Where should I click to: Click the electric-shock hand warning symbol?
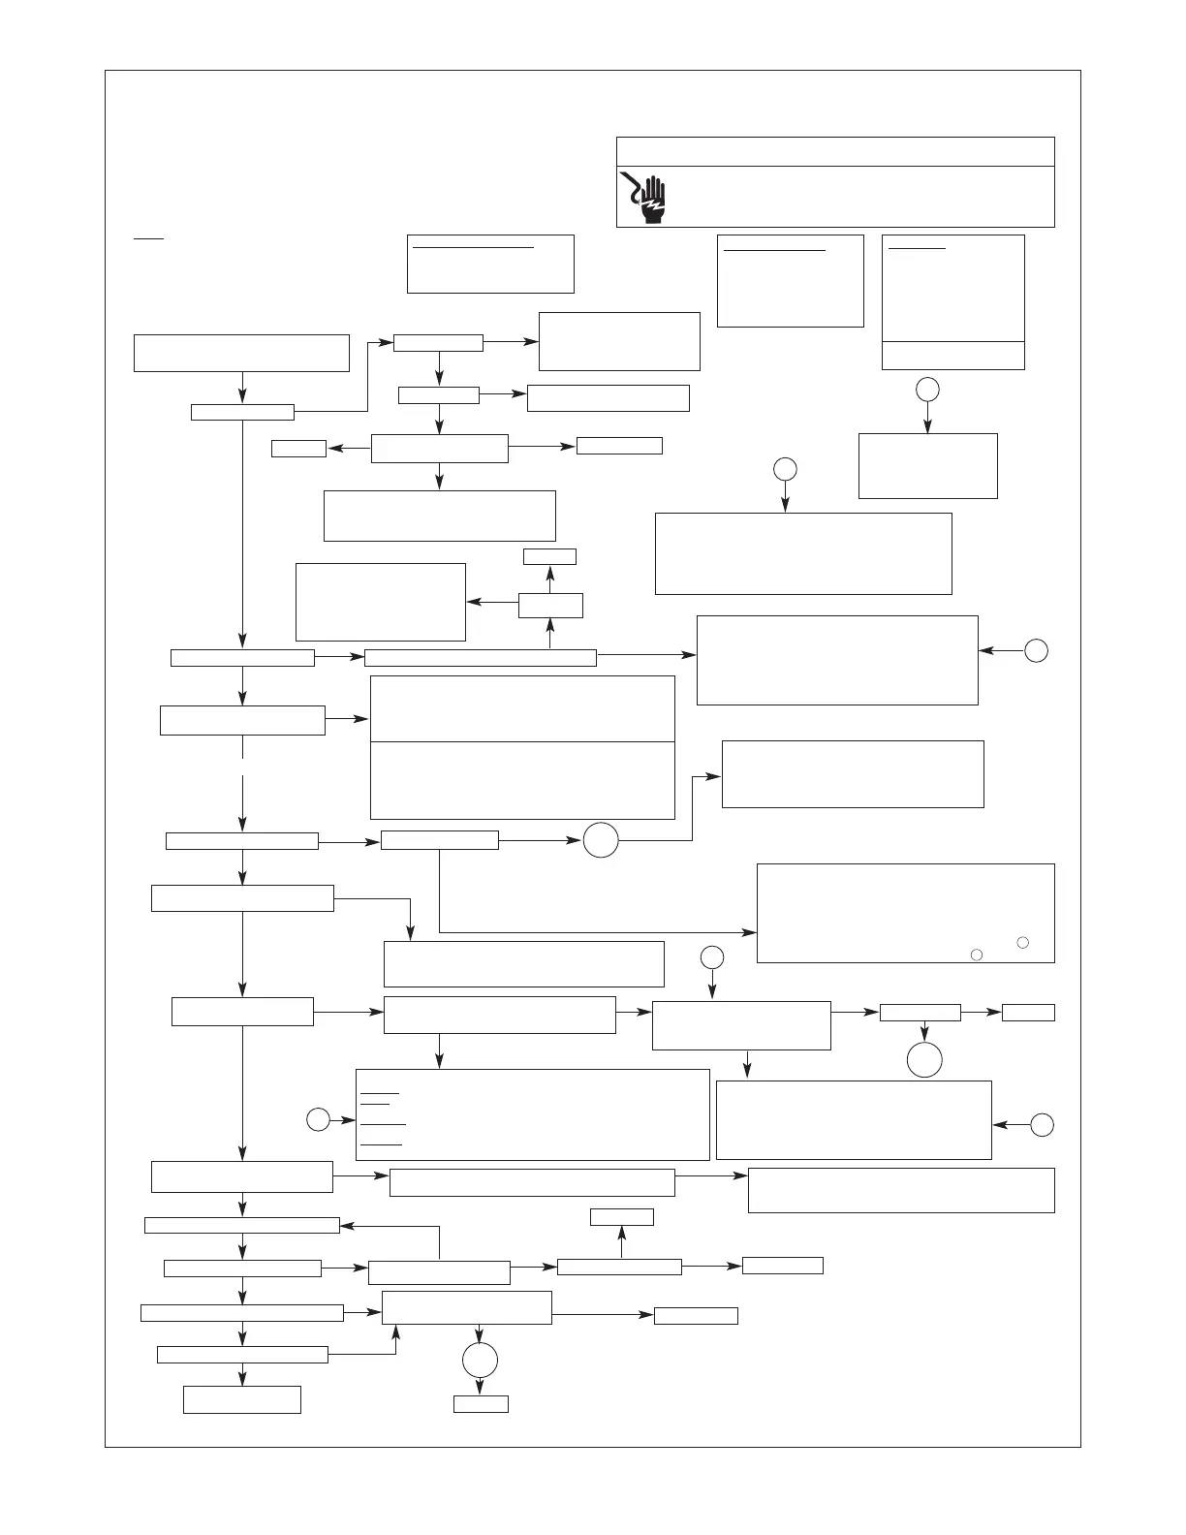pos(647,197)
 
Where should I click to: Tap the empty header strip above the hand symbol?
pos(835,152)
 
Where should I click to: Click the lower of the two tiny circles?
pos(977,955)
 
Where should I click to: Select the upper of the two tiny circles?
pos(1023,942)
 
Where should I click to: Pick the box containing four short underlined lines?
pos(533,1114)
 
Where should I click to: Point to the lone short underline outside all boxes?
pos(149,236)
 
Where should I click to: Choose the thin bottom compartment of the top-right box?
pos(952,356)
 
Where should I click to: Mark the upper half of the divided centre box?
pos(522,708)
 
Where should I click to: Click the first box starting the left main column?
pos(241,353)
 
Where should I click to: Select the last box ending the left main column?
pos(242,1399)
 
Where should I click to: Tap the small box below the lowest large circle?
pos(481,1403)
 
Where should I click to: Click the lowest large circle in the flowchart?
pos(480,1361)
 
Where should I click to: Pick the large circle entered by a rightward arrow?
pos(601,839)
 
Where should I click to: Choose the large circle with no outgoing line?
pos(924,1059)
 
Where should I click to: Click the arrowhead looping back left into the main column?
pos(346,1225)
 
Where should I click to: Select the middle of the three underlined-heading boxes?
pos(790,280)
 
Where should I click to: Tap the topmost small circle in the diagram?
pos(927,389)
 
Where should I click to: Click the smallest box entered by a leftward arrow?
pos(299,449)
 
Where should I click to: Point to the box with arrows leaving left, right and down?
pos(440,449)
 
